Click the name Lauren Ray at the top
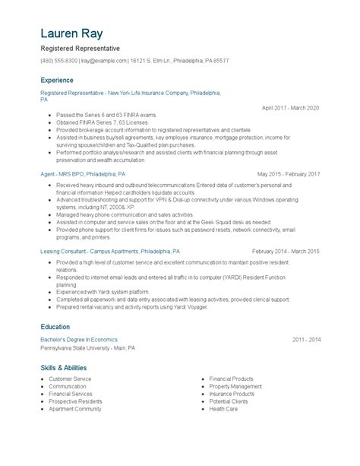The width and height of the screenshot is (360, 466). pyautogui.click(x=72, y=34)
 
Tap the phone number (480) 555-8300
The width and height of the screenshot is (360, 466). pyautogui.click(x=59, y=60)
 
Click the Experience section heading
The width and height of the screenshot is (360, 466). pyautogui.click(x=57, y=80)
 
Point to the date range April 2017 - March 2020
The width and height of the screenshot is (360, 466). pyautogui.click(x=291, y=108)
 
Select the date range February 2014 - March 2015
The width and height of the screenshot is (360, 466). pyautogui.click(x=286, y=251)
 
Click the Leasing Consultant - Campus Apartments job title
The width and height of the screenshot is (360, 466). pyautogui.click(x=110, y=251)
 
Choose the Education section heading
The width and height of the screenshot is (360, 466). pyautogui.click(x=55, y=327)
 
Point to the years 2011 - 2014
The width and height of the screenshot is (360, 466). pyautogui.click(x=306, y=340)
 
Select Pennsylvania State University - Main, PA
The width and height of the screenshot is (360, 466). pyautogui.click(x=88, y=348)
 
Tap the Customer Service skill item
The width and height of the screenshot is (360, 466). pyautogui.click(x=70, y=379)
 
